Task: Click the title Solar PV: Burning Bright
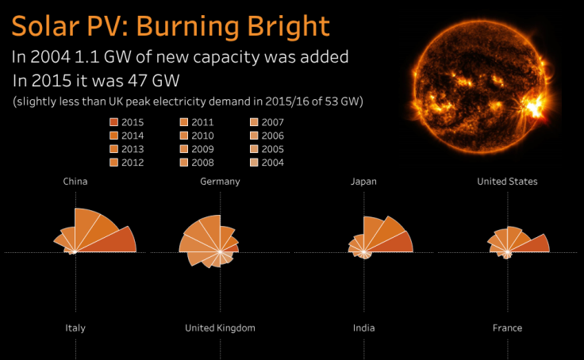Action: point(170,26)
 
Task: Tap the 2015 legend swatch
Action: point(114,122)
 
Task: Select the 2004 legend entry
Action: point(254,163)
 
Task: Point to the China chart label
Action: point(75,182)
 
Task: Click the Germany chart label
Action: point(220,182)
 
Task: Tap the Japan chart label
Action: point(363,182)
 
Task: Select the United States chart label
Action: point(507,182)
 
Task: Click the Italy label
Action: point(75,327)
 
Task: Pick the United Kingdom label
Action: point(220,327)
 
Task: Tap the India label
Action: point(363,327)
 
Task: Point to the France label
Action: point(507,327)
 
